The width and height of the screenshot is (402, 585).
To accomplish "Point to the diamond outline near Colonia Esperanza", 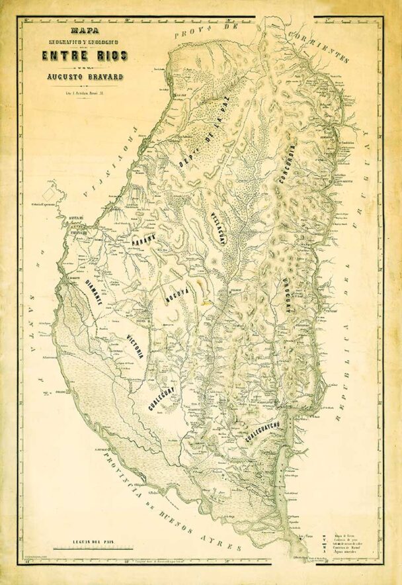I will (48, 191).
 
